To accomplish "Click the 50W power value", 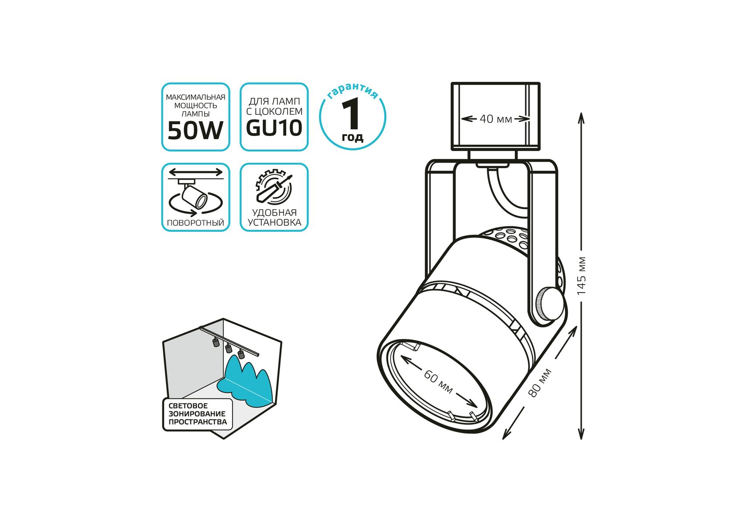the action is [195, 130].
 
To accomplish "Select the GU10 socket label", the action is [274, 128].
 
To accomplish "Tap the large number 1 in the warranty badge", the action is [351, 114].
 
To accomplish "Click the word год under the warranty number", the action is [352, 138].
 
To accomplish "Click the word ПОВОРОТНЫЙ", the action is [195, 223].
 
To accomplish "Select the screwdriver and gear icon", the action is [274, 187].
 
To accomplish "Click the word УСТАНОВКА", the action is [274, 222].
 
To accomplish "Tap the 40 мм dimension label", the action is [496, 119].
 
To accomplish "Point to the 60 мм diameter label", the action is [438, 382].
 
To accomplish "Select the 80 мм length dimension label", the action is [540, 383].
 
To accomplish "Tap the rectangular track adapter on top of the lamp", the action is [495, 116].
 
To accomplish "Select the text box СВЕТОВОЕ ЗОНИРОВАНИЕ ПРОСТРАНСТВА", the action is [198, 414].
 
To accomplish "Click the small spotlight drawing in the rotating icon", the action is [195, 197].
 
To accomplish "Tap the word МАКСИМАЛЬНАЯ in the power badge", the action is [195, 97].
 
